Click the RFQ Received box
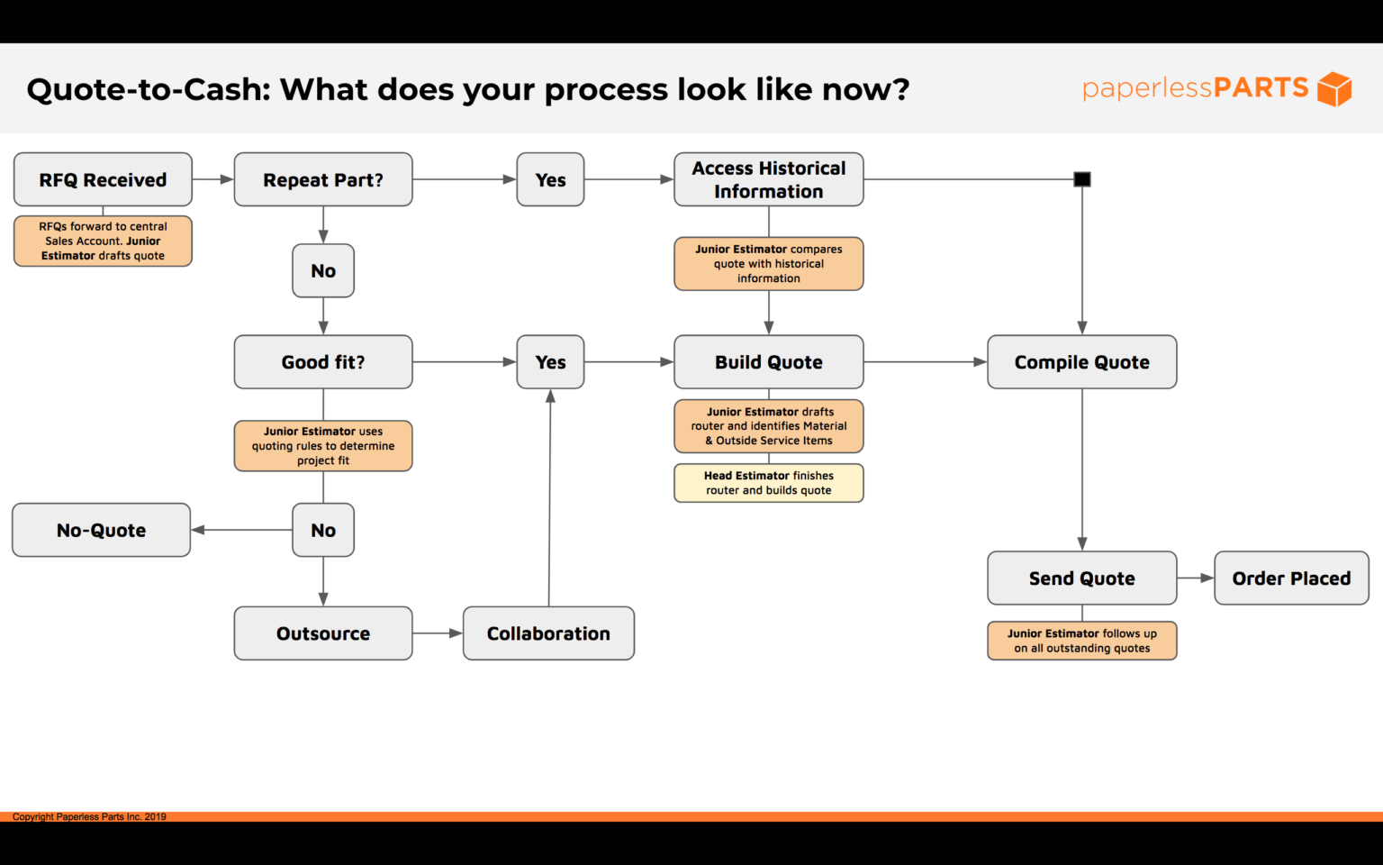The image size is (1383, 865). click(x=103, y=179)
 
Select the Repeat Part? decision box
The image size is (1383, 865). click(x=323, y=179)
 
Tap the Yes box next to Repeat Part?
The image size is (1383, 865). click(x=550, y=179)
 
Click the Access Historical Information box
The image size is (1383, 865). click(x=768, y=179)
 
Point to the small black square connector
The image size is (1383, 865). click(x=1082, y=179)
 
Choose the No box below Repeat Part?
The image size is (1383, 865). click(x=323, y=270)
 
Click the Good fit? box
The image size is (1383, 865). click(x=323, y=362)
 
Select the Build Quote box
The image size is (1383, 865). click(x=768, y=362)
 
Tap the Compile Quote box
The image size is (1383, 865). click(x=1081, y=362)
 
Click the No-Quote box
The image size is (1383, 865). click(x=101, y=530)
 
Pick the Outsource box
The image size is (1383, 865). click(x=323, y=633)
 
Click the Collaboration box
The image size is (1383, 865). click(x=548, y=633)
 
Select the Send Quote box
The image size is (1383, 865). click(x=1081, y=578)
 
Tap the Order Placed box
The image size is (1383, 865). click(x=1291, y=578)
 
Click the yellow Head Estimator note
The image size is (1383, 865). click(x=768, y=483)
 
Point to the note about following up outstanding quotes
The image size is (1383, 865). click(x=1081, y=641)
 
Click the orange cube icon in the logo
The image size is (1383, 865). click(x=1334, y=89)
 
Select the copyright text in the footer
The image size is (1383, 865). click(x=89, y=817)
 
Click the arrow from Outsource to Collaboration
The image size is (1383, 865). click(x=438, y=633)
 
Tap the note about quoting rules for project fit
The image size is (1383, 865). click(x=323, y=446)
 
